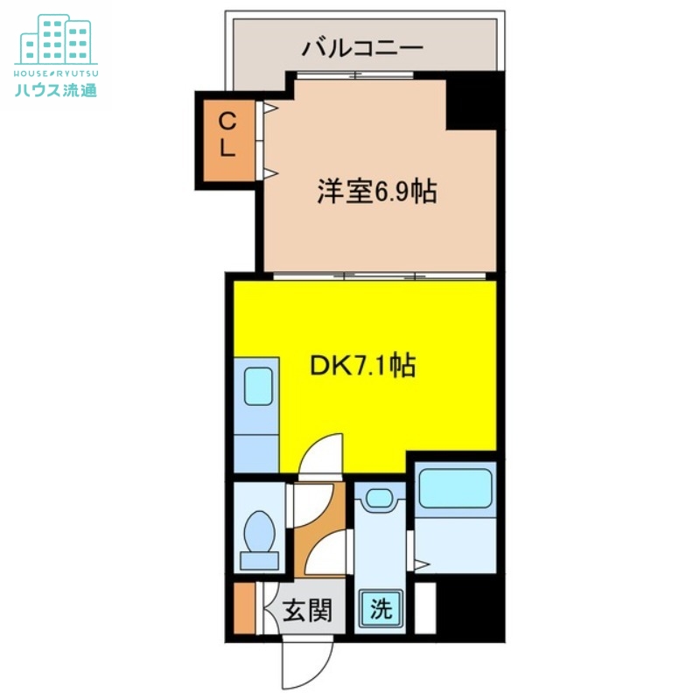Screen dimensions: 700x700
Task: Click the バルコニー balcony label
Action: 362,48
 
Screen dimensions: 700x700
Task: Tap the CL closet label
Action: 227,135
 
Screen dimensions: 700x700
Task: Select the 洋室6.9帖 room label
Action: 377,192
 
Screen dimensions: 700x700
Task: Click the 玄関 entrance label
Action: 307,609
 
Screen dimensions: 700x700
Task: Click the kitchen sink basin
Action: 257,386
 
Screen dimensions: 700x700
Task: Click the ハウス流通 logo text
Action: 56,88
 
